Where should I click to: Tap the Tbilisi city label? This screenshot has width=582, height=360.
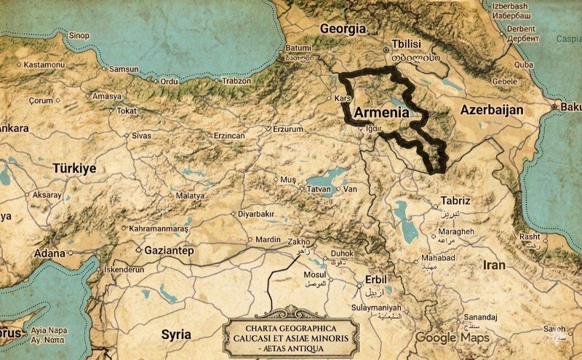[407, 43]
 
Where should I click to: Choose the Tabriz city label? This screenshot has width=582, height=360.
[455, 201]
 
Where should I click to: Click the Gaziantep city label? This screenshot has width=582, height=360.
[167, 250]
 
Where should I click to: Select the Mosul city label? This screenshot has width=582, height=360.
[314, 274]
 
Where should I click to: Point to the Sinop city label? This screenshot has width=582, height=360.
[79, 36]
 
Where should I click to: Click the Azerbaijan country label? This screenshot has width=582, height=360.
[492, 110]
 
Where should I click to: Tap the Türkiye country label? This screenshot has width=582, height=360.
[74, 168]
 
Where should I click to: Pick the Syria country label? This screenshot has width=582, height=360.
[176, 335]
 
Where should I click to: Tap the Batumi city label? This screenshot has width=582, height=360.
[298, 48]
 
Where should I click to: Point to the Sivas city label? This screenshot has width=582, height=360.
[141, 135]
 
